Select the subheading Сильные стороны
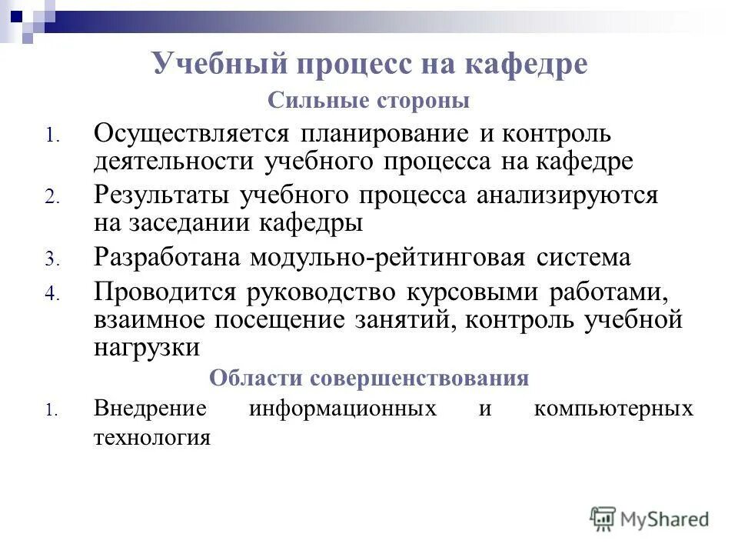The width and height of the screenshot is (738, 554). tap(368, 101)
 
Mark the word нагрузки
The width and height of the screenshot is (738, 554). tap(147, 347)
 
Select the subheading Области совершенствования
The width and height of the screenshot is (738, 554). tap(369, 379)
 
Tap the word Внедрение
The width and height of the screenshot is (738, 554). tap(150, 409)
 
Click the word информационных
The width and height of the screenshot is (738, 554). tap(343, 409)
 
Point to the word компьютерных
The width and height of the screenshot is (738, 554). tap(613, 409)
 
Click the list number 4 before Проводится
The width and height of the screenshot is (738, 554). tap(50, 295)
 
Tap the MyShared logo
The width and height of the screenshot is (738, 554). tap(650, 519)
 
